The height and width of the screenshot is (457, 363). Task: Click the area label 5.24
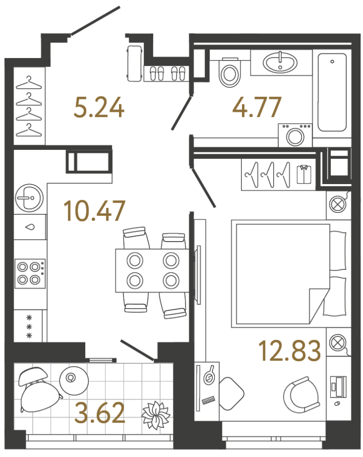click(x=99, y=108)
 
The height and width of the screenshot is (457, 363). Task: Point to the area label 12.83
click(x=289, y=351)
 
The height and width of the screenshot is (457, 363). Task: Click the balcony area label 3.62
click(x=99, y=414)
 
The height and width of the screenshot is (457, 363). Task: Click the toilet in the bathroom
click(x=229, y=74)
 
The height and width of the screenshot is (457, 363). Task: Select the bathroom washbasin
click(x=280, y=63)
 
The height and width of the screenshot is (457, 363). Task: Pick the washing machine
click(x=294, y=135)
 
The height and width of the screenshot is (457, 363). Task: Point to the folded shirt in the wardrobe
click(x=304, y=175)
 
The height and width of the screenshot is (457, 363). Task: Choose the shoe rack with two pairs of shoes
click(x=166, y=74)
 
